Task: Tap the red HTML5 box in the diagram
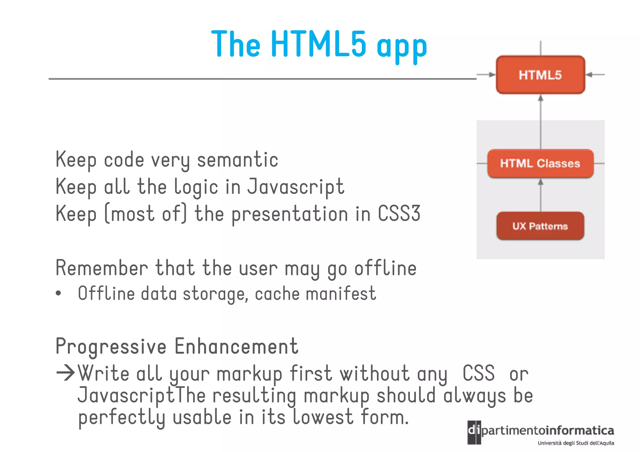pyautogui.click(x=540, y=75)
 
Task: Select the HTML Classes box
pyautogui.click(x=540, y=163)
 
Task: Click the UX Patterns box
pyautogui.click(x=540, y=226)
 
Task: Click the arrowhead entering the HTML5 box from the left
pyautogui.click(x=492, y=75)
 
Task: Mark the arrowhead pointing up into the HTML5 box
pyautogui.click(x=541, y=98)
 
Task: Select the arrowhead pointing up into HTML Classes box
pyautogui.click(x=541, y=182)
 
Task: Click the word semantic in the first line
pyautogui.click(x=237, y=160)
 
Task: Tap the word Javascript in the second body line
pyautogui.click(x=296, y=187)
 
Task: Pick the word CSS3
pyautogui.click(x=399, y=214)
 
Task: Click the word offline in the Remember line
pyautogui.click(x=385, y=268)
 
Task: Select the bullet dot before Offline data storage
pyautogui.click(x=58, y=294)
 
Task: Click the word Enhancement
pyautogui.click(x=236, y=346)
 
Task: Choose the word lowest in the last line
pyautogui.click(x=323, y=417)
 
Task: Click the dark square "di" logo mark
pyautogui.click(x=474, y=432)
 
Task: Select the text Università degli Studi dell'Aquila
pyautogui.click(x=576, y=443)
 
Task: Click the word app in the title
pyautogui.click(x=402, y=47)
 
